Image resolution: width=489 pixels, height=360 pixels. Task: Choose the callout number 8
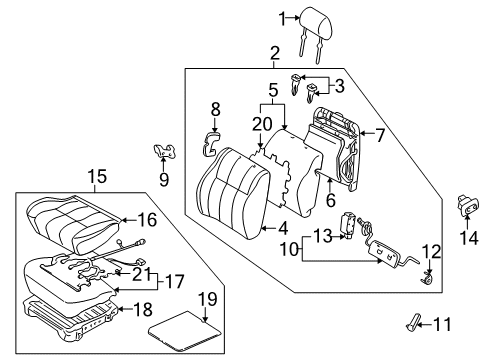(215, 109)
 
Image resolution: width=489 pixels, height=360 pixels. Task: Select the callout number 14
(467, 238)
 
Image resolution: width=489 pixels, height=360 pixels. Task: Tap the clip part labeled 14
(466, 204)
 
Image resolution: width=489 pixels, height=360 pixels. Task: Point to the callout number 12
(430, 251)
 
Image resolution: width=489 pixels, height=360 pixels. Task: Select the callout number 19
(206, 298)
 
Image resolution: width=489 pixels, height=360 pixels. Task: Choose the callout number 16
(146, 217)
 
